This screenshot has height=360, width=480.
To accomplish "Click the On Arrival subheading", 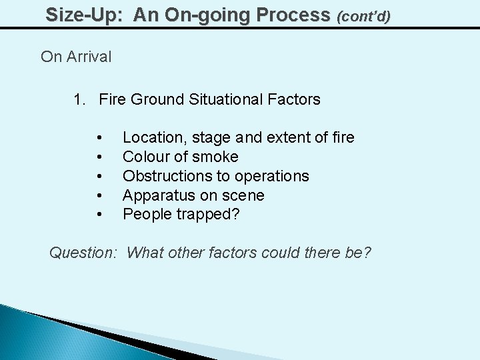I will [76, 57].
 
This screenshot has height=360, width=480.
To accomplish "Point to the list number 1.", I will [79, 100].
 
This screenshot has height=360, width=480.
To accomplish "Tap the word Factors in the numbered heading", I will [295, 100].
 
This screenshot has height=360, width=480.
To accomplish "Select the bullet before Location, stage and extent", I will [99, 138].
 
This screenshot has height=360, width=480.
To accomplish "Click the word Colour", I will [145, 157].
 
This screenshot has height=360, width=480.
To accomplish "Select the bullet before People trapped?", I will [99, 215].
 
